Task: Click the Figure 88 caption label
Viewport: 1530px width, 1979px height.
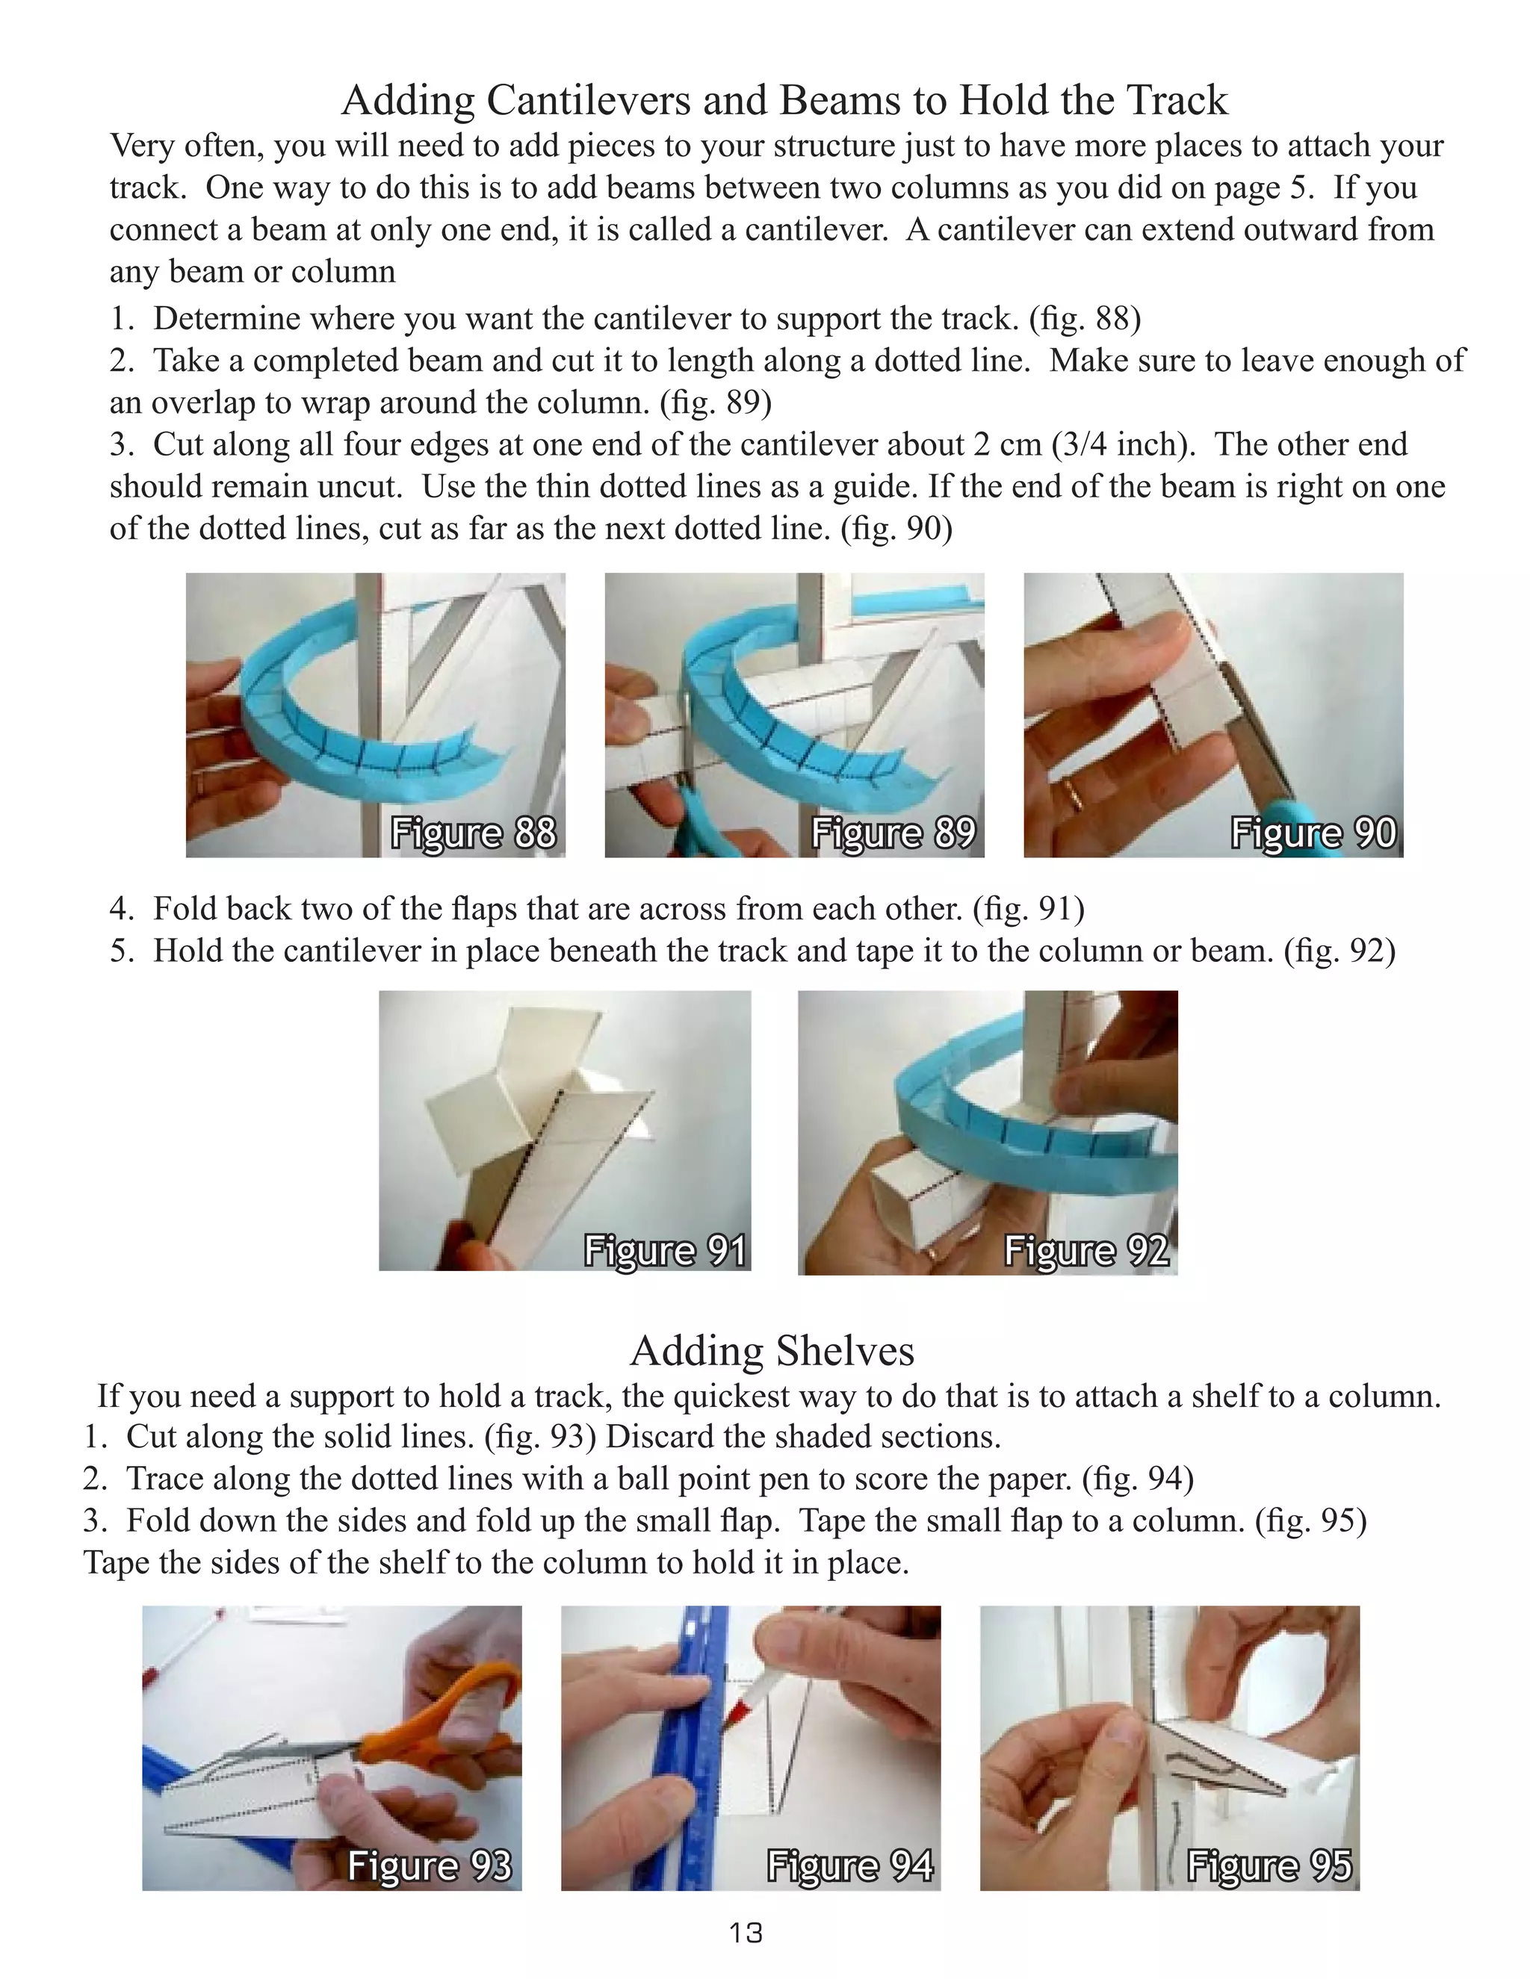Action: [x=473, y=833]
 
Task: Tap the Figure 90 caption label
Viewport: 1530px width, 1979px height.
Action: [x=1313, y=833]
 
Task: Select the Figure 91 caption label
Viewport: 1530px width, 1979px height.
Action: [x=666, y=1250]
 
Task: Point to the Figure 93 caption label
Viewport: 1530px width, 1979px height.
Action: [x=430, y=1865]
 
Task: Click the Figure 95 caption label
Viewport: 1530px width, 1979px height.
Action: [x=1269, y=1865]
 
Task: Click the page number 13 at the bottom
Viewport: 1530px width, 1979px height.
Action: [x=746, y=1933]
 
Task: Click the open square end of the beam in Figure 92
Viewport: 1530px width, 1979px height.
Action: [x=897, y=1197]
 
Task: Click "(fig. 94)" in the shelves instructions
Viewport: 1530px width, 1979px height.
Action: [x=1139, y=1479]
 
